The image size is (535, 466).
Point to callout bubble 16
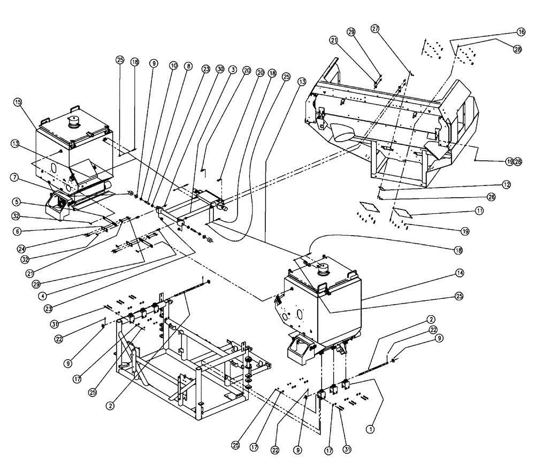click(520, 32)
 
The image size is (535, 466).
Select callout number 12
click(506, 184)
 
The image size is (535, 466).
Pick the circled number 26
click(506, 196)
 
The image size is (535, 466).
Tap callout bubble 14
click(460, 273)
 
